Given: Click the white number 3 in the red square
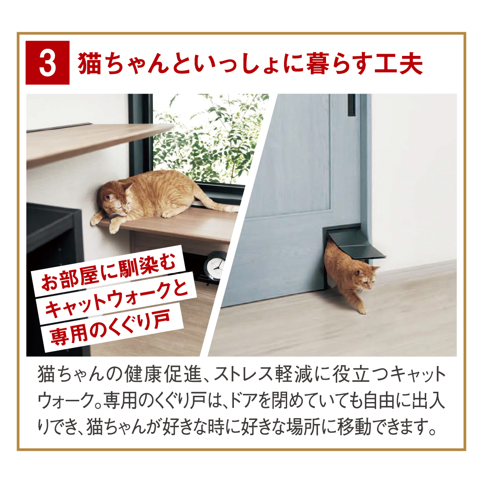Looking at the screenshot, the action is click(48, 64).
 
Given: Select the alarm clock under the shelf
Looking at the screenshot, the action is click(216, 265).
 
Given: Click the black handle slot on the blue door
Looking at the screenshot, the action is click(352, 105).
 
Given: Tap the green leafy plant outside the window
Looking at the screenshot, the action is click(212, 139).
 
